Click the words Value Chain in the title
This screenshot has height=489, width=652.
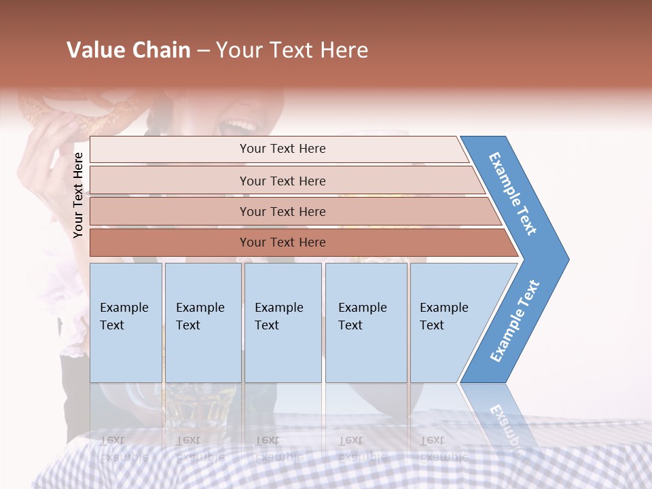[128, 50]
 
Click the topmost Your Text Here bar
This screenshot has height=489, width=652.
[282, 149]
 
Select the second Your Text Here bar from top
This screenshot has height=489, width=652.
[282, 181]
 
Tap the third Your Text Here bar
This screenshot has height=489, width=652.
[282, 212]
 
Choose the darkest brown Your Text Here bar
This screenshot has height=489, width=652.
[282, 242]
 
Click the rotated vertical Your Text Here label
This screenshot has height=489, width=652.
[79, 195]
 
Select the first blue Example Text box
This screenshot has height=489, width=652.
[126, 323]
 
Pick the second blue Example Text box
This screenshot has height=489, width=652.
[202, 323]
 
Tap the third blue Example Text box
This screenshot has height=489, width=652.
[282, 323]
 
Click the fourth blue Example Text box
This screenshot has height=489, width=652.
[365, 323]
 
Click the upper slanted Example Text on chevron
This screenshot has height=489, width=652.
[513, 194]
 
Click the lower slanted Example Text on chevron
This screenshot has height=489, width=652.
[515, 321]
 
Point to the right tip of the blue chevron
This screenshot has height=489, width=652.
[567, 259]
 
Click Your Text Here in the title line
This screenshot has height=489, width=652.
[292, 50]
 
